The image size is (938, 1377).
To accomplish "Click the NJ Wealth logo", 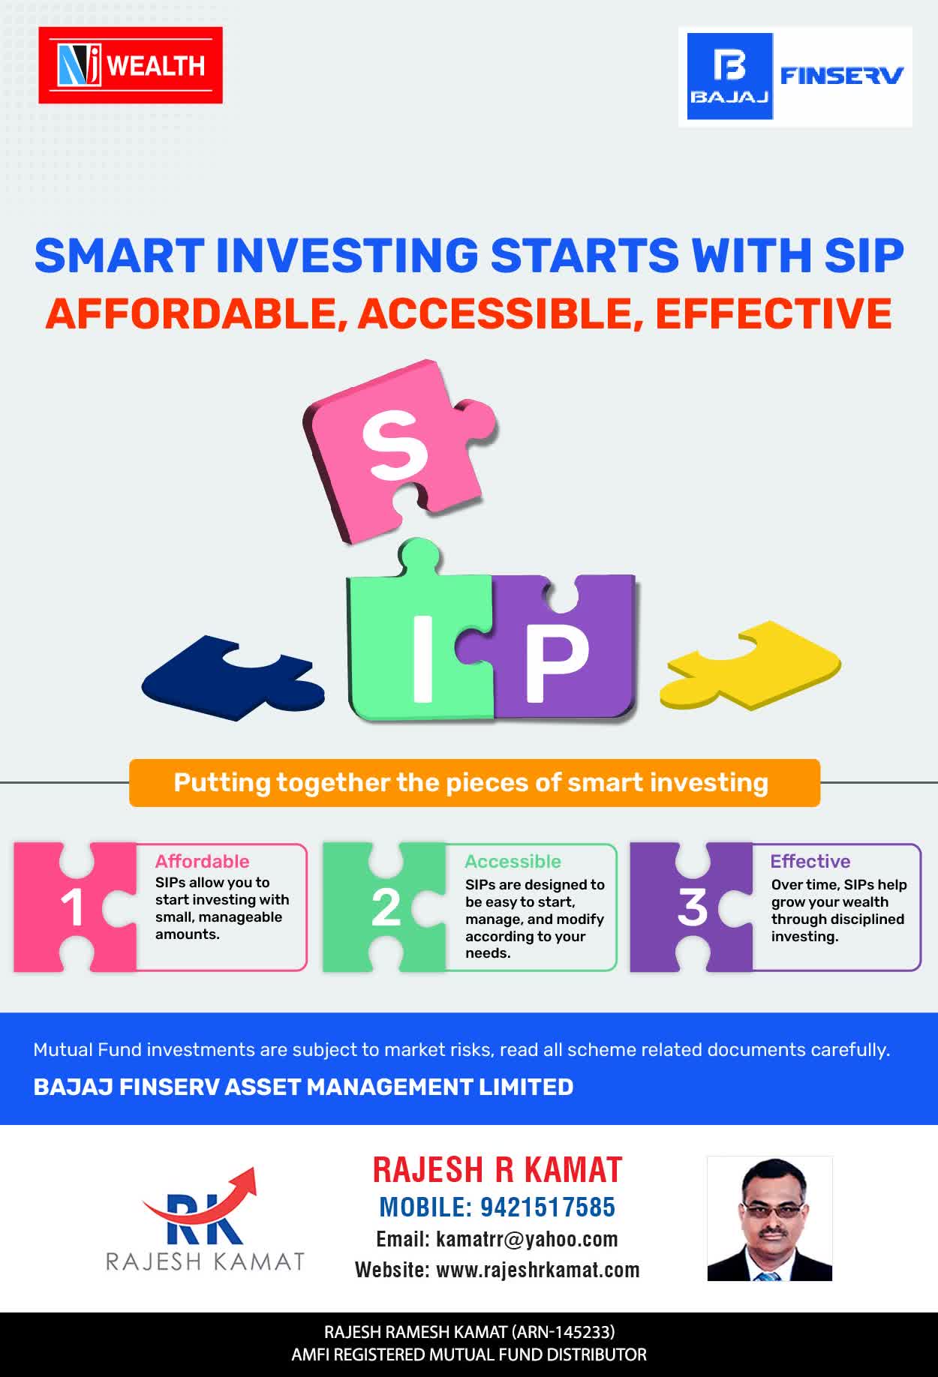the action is point(131,65).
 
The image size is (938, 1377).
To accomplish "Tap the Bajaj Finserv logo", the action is point(795,76).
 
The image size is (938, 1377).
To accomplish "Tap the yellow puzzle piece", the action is point(750,664).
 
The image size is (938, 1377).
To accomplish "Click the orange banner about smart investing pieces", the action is point(474,783).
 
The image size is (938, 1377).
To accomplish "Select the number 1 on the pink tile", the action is point(72,908).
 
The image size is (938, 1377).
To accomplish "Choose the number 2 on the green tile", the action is point(386,908).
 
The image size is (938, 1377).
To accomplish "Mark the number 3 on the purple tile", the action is point(692,907).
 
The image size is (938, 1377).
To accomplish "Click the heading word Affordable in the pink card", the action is point(202,861).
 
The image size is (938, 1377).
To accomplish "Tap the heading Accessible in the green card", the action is point(513,861).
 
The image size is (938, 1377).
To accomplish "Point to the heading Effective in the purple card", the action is point(810,861).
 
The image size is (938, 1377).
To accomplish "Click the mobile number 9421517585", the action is point(548,1207).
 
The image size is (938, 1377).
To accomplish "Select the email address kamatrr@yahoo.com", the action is point(527,1239).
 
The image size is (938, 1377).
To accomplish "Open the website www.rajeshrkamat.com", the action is point(538,1270).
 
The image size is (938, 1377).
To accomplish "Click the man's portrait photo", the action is point(770,1218).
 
